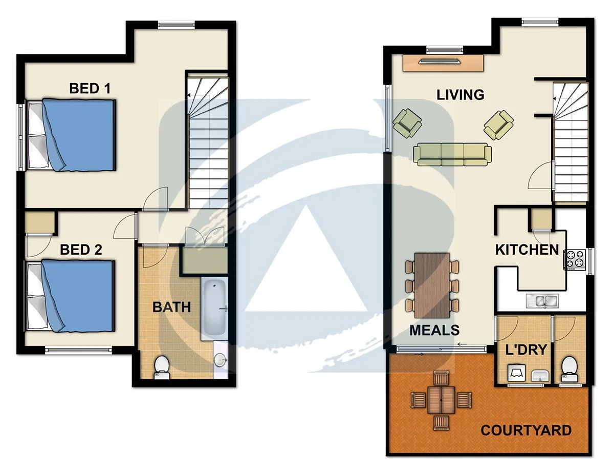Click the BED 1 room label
point(90,88)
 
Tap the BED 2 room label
point(81,250)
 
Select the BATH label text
point(172,307)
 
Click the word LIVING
point(460,94)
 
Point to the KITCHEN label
point(527,250)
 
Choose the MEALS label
point(434,330)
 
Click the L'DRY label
point(526,350)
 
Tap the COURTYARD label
point(526,429)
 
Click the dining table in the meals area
point(432,284)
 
